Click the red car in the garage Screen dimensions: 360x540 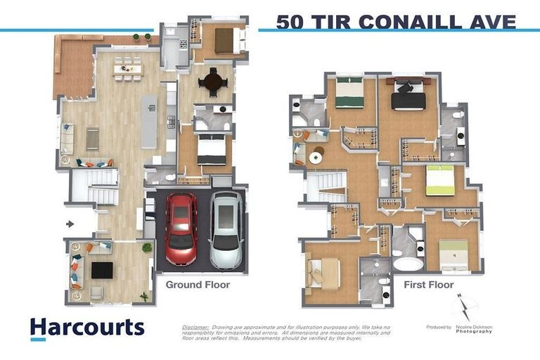tap(181, 229)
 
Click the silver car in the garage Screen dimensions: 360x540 tap(226, 230)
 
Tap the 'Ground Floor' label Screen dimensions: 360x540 tap(197, 285)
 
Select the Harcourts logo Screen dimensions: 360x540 tap(86, 328)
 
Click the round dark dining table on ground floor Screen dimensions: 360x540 tap(212, 83)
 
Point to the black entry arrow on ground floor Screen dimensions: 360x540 tap(69, 224)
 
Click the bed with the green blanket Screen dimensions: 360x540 tap(349, 94)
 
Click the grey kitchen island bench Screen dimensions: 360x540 tap(149, 123)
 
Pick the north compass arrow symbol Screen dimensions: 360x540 tap(465, 307)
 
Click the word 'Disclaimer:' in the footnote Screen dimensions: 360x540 tap(195, 327)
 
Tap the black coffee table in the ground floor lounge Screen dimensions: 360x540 tap(102, 270)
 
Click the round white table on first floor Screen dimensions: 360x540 tap(316, 157)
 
